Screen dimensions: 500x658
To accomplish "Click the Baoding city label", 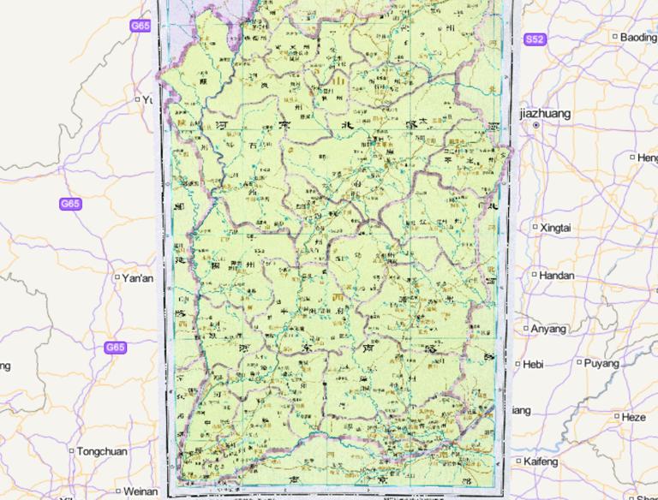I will click(x=639, y=37).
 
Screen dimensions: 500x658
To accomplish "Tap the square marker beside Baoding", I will click(x=615, y=37).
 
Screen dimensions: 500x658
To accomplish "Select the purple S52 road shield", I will click(x=535, y=39).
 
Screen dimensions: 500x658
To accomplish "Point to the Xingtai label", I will click(x=558, y=228).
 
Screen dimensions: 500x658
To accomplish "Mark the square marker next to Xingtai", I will click(x=535, y=228).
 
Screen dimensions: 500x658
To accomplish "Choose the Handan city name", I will click(x=558, y=276).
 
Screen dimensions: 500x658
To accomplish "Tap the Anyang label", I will click(x=549, y=329).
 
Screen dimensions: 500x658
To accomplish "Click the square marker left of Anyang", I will click(x=526, y=329).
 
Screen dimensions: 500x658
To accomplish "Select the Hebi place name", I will click(x=534, y=364).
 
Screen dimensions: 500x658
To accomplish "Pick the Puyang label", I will click(x=602, y=363).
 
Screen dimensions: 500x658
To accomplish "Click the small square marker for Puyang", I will click(x=580, y=363).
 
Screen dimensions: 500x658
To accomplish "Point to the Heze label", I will click(x=633, y=417).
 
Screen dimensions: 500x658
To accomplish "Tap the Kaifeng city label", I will click(x=541, y=461).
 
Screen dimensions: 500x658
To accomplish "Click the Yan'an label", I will click(x=138, y=278).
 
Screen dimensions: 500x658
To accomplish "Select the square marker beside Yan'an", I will click(x=117, y=277).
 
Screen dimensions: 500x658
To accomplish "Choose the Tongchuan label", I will click(x=101, y=451).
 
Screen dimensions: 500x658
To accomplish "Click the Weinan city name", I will click(x=141, y=491).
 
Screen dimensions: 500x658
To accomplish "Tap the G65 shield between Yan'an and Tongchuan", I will click(x=115, y=348).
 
